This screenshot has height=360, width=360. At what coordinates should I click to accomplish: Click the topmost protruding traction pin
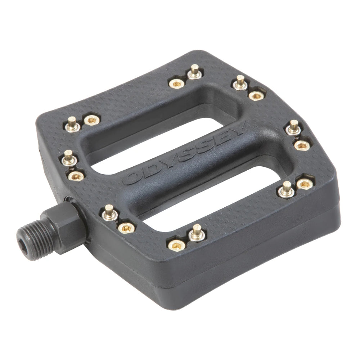(195, 70)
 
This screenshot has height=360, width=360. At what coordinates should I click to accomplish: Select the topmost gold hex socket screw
(176, 84)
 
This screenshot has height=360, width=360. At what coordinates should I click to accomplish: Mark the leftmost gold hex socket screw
(76, 176)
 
